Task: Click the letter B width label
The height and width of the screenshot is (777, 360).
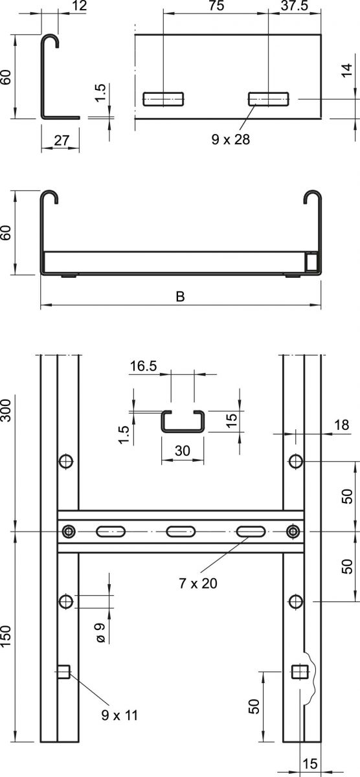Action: coord(181,297)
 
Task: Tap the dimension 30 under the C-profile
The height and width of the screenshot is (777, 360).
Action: coord(183,452)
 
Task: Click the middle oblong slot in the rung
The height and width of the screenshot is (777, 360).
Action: coord(180,532)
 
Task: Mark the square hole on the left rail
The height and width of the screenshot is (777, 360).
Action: coord(63,672)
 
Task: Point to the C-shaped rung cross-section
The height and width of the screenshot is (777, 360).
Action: coord(183,422)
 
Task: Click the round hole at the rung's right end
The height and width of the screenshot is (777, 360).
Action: coord(293,532)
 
